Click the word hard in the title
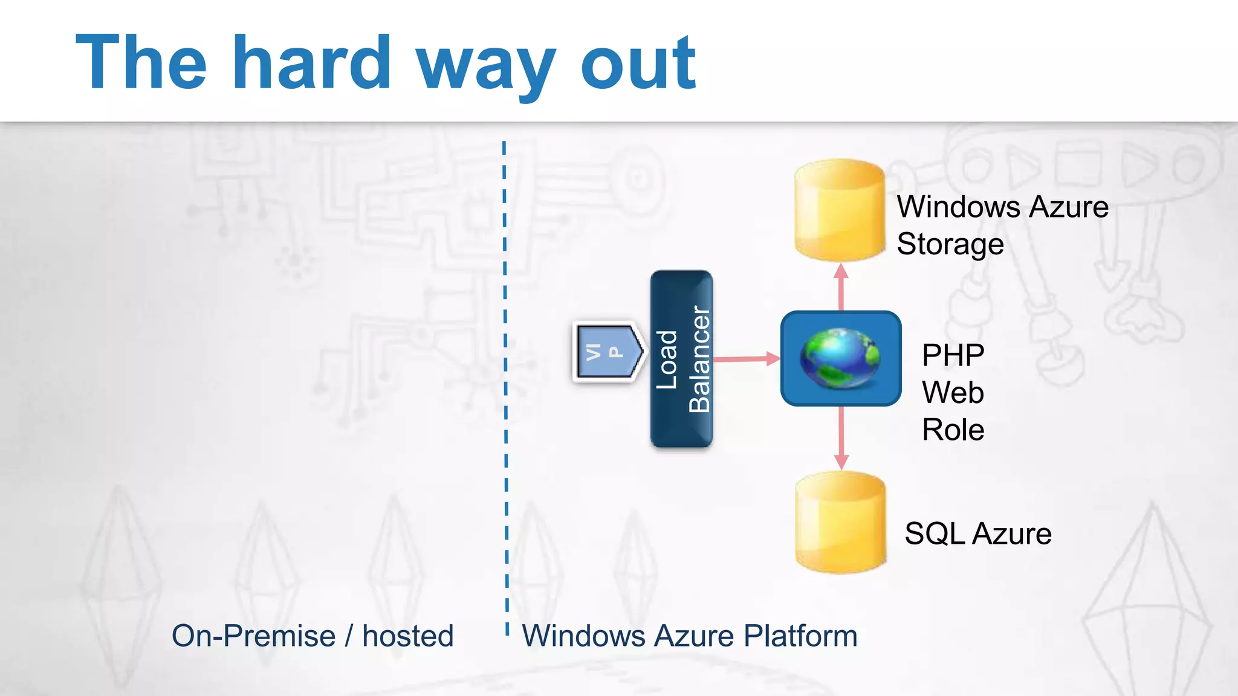coord(312,63)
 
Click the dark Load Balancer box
coord(681,359)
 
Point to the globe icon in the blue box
coord(840,358)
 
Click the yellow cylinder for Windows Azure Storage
coord(840,210)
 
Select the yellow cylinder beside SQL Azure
coord(840,522)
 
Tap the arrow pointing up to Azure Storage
coord(841,288)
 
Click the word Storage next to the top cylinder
coord(950,245)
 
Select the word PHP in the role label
coord(953,355)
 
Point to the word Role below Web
coord(953,430)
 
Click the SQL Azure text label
coord(977,534)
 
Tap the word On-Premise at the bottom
coord(253,636)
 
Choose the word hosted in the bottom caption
coord(407,636)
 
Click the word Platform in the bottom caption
coord(800,636)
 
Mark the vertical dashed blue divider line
coord(505,387)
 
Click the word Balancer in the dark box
coord(699,359)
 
